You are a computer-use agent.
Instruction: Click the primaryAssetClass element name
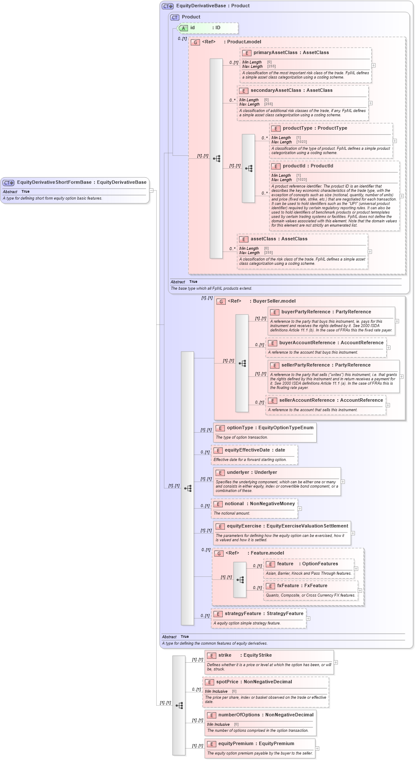(275, 53)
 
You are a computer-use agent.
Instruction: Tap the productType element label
(297, 128)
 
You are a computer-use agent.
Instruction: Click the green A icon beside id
(183, 28)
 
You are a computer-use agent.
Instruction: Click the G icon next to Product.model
(195, 42)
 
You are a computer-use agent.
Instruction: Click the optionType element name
(240, 428)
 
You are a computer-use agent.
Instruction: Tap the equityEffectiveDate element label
(247, 450)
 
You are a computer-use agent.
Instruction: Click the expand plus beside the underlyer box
(343, 482)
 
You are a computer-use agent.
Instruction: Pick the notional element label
(234, 504)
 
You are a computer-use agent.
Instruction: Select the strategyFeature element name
(243, 614)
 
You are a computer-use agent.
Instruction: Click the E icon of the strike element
(212, 655)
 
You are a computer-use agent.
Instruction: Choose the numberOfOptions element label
(239, 715)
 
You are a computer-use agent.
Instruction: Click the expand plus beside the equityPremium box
(317, 749)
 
